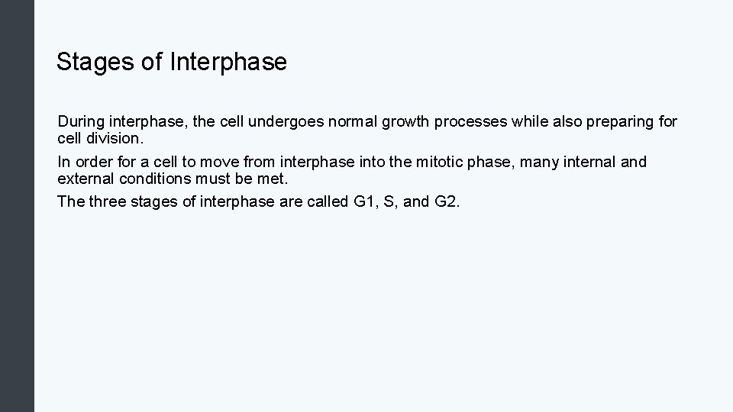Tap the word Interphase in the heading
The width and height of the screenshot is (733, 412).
click(228, 62)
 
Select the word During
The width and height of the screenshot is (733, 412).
click(80, 121)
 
